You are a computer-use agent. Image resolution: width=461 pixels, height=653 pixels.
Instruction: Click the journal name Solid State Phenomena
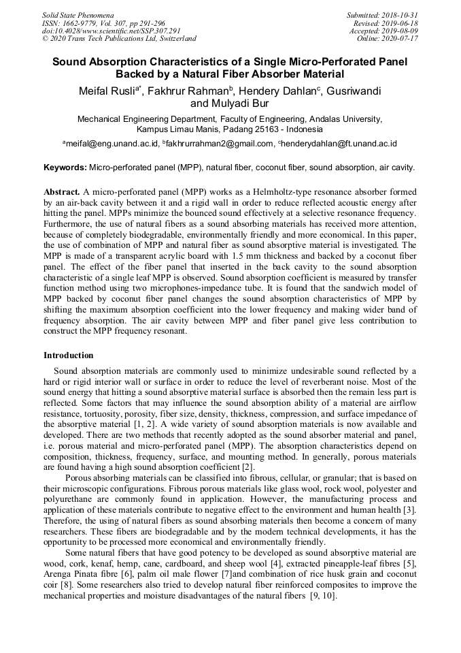pos(78,14)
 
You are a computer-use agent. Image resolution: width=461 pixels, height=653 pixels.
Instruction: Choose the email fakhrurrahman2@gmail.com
pos(218,144)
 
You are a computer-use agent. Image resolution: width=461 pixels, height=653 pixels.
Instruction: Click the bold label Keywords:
pos(65,167)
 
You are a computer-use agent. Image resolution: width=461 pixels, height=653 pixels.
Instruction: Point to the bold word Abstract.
pos(62,193)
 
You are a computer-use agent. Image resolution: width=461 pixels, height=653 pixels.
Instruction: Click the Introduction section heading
pos(69,355)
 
